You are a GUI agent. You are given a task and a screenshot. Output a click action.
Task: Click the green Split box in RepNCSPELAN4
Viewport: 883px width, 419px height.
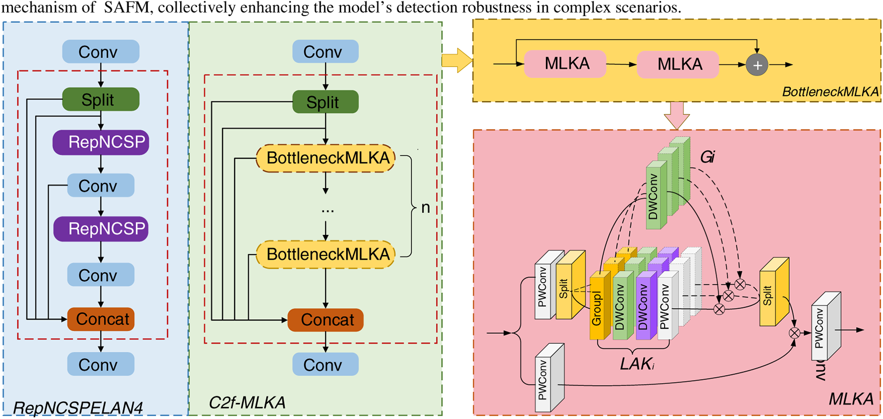pyautogui.click(x=100, y=99)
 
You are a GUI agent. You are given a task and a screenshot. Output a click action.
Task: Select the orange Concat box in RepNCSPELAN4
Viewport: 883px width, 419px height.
pyautogui.click(x=101, y=319)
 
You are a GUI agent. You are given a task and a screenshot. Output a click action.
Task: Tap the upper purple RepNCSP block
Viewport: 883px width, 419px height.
pyautogui.click(x=101, y=142)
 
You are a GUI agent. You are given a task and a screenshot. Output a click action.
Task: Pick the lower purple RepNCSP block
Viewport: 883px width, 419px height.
pyautogui.click(x=101, y=229)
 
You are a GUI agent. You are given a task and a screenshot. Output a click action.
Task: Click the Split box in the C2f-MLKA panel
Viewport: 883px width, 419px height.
pyautogui.click(x=325, y=102)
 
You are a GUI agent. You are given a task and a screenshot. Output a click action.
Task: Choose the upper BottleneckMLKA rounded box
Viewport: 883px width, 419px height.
pyautogui.click(x=325, y=158)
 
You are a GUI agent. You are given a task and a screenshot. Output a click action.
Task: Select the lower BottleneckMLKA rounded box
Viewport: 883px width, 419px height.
pyautogui.click(x=325, y=254)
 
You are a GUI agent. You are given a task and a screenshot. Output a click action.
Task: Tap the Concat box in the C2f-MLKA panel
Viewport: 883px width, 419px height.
pyautogui.click(x=325, y=320)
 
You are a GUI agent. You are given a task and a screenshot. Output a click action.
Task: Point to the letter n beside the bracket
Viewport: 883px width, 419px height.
pyautogui.click(x=425, y=207)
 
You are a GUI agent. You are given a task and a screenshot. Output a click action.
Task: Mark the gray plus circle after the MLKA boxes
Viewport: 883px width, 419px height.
pyautogui.click(x=757, y=65)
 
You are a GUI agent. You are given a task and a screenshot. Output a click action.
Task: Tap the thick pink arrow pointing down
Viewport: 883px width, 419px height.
pyautogui.click(x=677, y=115)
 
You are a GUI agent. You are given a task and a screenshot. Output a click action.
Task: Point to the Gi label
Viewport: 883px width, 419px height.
pyautogui.click(x=707, y=157)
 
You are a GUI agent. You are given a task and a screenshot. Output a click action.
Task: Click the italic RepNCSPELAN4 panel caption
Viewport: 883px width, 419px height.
pyautogui.click(x=78, y=407)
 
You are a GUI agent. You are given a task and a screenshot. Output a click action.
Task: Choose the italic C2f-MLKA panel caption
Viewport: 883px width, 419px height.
pyautogui.click(x=247, y=402)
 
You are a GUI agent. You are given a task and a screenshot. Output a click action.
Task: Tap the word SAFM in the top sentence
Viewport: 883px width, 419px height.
pyautogui.click(x=121, y=8)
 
